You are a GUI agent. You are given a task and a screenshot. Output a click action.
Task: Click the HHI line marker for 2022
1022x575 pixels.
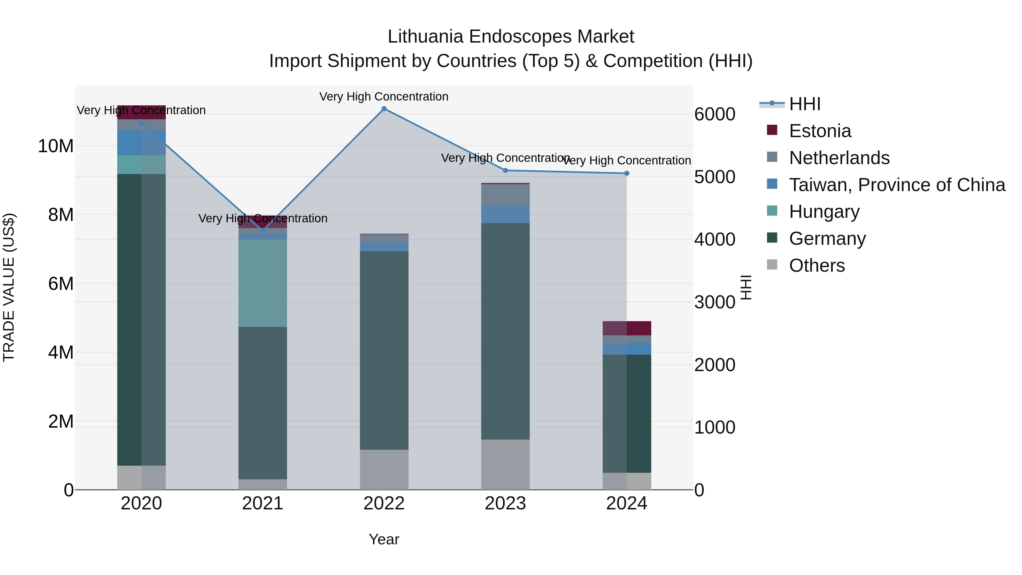tap(384, 109)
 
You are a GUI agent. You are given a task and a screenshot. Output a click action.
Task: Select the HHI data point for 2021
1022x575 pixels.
tap(262, 231)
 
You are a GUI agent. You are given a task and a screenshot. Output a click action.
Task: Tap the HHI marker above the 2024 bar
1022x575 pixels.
tap(627, 173)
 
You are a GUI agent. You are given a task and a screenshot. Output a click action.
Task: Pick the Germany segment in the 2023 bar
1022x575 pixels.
tap(505, 331)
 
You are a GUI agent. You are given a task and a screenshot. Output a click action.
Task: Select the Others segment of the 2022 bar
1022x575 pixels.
tap(384, 469)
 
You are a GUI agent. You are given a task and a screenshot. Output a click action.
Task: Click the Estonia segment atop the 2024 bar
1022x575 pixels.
tap(627, 328)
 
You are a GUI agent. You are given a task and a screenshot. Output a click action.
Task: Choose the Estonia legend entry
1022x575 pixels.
tap(820, 131)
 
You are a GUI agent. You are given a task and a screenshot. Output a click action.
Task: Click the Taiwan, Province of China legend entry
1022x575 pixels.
tap(897, 185)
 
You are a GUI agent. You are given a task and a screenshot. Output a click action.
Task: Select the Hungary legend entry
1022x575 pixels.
tap(824, 212)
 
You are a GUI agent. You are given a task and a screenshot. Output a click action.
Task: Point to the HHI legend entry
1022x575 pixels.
tap(805, 104)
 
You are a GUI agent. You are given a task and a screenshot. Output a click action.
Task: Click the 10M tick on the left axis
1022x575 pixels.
tap(56, 146)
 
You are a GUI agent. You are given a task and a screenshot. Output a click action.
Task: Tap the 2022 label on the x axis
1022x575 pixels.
tap(384, 503)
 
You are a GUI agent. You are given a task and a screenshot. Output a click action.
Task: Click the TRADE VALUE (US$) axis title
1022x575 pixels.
tap(9, 287)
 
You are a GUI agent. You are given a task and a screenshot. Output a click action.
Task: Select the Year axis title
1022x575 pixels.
tap(384, 539)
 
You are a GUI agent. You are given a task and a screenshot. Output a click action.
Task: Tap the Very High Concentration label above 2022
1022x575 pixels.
tap(384, 97)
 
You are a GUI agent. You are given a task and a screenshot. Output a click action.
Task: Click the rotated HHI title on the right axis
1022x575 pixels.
tap(746, 287)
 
